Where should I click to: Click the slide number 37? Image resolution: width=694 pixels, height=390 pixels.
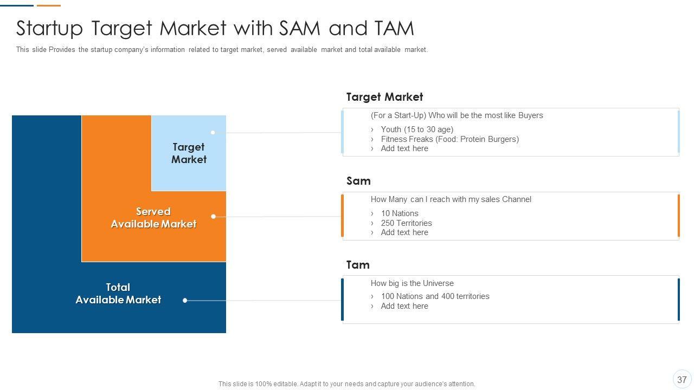pyautogui.click(x=682, y=380)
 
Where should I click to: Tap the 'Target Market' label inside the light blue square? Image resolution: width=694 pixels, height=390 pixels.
pyautogui.click(x=189, y=153)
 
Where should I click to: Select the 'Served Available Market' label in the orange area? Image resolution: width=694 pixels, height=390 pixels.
pyautogui.click(x=153, y=218)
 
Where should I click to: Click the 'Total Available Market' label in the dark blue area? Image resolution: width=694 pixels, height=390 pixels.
pyautogui.click(x=118, y=294)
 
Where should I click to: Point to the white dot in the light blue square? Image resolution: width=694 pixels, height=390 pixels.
pyautogui.click(x=213, y=133)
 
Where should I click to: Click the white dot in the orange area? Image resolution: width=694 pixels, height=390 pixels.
pyautogui.click(x=213, y=216)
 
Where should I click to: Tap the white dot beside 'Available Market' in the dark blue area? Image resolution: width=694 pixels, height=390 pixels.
pyautogui.click(x=185, y=300)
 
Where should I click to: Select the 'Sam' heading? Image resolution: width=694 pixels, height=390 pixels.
pyautogui.click(x=358, y=181)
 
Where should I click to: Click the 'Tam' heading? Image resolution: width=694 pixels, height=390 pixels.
pyautogui.click(x=358, y=265)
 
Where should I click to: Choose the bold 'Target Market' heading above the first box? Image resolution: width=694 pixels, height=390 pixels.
pyautogui.click(x=384, y=97)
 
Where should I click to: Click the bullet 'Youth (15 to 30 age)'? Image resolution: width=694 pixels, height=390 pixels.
pyautogui.click(x=417, y=129)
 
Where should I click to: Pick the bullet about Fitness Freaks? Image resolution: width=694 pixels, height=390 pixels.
pyautogui.click(x=450, y=139)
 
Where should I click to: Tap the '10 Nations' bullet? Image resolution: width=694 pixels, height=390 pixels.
pyautogui.click(x=400, y=213)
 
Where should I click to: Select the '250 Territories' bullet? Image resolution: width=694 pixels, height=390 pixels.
pyautogui.click(x=407, y=223)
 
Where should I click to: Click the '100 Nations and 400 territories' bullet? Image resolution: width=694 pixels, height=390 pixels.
pyautogui.click(x=435, y=296)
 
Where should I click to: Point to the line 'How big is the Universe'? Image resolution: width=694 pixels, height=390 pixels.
pyautogui.click(x=412, y=283)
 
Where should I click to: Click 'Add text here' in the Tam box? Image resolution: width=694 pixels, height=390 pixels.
pyautogui.click(x=404, y=306)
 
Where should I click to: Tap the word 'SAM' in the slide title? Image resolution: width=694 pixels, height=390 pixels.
pyautogui.click(x=300, y=28)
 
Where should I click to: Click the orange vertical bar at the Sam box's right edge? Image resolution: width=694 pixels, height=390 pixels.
pyautogui.click(x=678, y=216)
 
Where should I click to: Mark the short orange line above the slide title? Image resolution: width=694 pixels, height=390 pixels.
pyautogui.click(x=49, y=5)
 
